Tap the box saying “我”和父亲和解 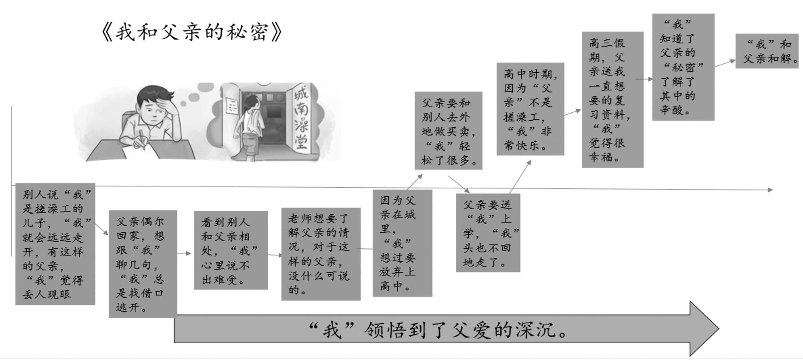766,51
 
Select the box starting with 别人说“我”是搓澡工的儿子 55,244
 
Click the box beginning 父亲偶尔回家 143,264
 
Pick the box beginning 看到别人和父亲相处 231,250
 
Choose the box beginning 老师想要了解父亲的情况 321,254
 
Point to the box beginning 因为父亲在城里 402,243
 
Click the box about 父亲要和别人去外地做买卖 448,130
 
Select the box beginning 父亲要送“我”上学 488,233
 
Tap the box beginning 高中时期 530,109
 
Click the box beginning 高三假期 612,99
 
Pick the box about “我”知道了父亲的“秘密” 683,67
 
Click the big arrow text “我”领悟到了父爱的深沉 437,329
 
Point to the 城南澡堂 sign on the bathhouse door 301,119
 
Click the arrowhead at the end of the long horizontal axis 770,190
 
